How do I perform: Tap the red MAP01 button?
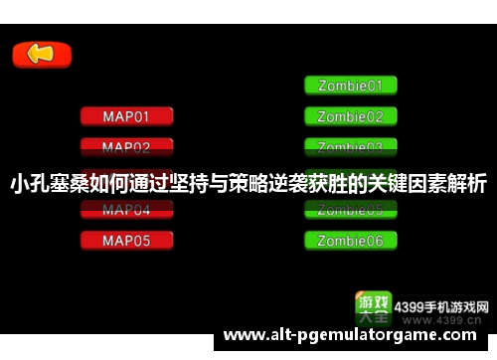tap(126, 116)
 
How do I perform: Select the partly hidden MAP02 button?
tap(126, 147)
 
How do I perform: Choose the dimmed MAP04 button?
tap(126, 210)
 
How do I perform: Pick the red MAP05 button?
tap(126, 241)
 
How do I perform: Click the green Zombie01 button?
tap(350, 86)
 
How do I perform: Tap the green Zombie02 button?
tap(350, 116)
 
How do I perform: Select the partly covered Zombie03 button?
tap(350, 147)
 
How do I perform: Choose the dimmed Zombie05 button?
tap(350, 210)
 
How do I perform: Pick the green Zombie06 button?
tap(350, 241)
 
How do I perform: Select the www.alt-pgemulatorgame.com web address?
tap(359, 337)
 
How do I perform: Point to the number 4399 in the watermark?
tap(410, 306)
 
